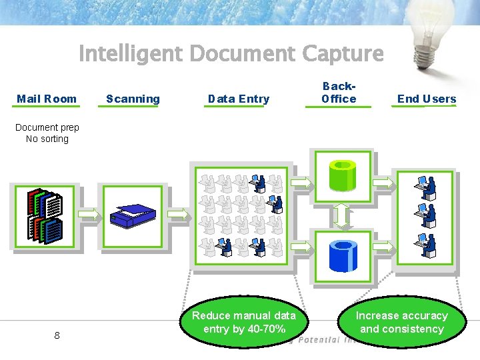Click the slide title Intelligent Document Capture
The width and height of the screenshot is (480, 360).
231,53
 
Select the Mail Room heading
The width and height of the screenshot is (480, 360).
47,99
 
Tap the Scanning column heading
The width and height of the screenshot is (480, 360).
133,99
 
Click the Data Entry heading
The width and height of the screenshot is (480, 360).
238,99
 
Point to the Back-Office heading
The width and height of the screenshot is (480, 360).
339,93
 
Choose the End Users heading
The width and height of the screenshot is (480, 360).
427,99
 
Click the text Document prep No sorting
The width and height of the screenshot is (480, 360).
47,133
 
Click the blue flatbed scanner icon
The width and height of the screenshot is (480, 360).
133,215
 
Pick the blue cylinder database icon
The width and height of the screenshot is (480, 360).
342,252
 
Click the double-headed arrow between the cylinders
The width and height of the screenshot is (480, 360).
342,215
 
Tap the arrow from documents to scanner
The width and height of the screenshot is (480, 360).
89,213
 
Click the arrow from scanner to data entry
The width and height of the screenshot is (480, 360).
178,213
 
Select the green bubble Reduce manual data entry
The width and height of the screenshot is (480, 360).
243,323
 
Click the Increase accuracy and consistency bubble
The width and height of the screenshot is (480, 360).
401,323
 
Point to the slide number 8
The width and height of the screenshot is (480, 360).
57,335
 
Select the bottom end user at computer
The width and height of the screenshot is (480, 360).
425,243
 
